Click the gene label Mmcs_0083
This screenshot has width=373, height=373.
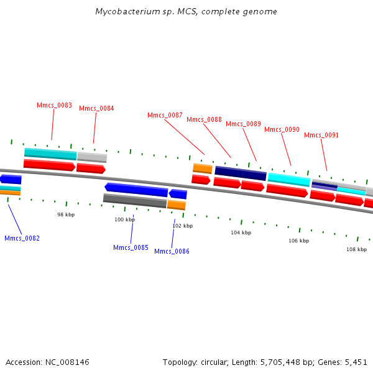[x=55, y=106]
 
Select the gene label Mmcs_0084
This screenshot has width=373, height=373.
[x=96, y=109]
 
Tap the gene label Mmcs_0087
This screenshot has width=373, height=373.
[x=165, y=116]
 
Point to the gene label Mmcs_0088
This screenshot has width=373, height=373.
[x=204, y=120]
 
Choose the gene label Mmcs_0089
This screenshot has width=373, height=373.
[x=243, y=124]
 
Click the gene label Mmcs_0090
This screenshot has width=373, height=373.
[x=282, y=130]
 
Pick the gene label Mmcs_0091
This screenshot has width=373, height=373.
[x=321, y=136]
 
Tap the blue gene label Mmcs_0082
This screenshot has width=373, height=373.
[x=22, y=239]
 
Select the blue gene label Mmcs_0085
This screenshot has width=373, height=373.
[x=131, y=248]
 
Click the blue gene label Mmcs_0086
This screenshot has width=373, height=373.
[x=172, y=252]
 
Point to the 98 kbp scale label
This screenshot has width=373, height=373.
[x=66, y=214]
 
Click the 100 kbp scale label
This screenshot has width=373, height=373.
[x=124, y=219]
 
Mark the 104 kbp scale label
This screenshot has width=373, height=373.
[x=241, y=233]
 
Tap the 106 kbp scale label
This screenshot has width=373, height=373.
[x=298, y=241]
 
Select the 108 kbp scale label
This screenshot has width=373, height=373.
[x=356, y=249]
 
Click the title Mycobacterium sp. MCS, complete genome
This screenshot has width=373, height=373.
[x=186, y=12]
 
